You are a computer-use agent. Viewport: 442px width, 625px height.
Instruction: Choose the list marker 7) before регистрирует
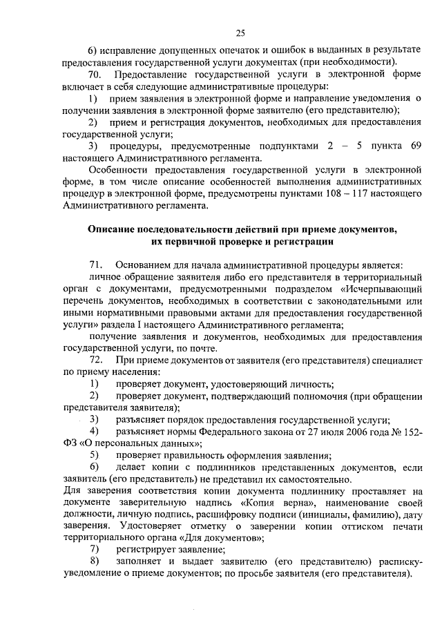point(95,550)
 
